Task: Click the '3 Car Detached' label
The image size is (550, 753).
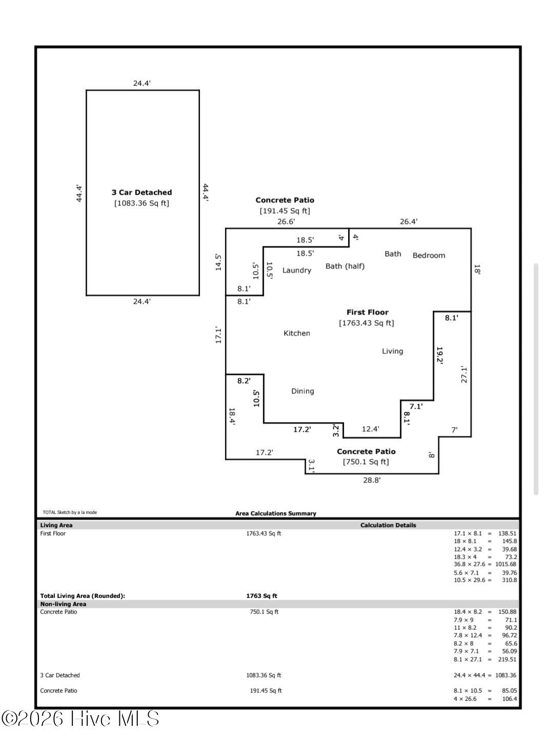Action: coord(141,193)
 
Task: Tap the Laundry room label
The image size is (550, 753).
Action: coord(296,270)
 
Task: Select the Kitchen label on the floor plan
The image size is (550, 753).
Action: coord(297,333)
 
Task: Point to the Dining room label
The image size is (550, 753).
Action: coord(302,391)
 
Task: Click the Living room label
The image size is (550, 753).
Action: coord(392,351)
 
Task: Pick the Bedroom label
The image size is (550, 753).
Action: coord(429,256)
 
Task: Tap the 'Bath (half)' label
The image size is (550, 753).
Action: coord(345,266)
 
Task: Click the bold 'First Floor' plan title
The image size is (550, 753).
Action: coord(367,312)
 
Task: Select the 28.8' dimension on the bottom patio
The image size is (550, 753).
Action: coord(372,480)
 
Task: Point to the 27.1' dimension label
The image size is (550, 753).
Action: coord(464,374)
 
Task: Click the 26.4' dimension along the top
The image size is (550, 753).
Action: coord(408,222)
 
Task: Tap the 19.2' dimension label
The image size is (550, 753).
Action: coord(440,355)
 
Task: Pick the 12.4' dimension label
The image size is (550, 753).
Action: coord(370,429)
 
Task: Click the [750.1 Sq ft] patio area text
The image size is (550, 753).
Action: coord(365,462)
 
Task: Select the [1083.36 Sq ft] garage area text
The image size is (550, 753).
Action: coord(141,203)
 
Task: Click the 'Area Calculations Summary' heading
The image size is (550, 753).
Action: coord(276,513)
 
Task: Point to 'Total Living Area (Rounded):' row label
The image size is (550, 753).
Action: coord(83,596)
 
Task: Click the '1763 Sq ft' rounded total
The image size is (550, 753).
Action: coord(261,596)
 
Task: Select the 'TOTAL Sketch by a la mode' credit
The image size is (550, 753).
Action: coord(70,512)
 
